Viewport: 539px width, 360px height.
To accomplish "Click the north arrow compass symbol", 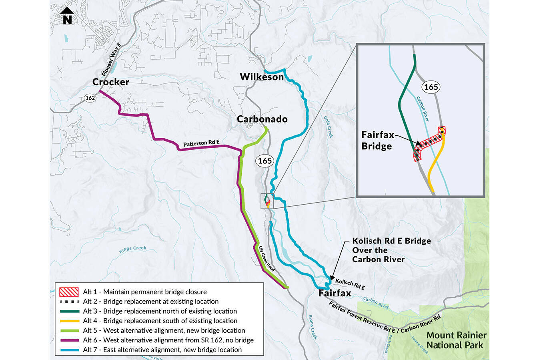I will click(x=67, y=16).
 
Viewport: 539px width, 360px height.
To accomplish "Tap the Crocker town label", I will click(x=110, y=82).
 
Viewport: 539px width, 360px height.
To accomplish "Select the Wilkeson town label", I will click(x=261, y=76).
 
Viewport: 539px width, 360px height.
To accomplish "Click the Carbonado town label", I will click(x=262, y=119).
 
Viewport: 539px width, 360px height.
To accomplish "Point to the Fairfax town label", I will click(x=335, y=293).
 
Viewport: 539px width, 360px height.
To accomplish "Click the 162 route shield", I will click(x=90, y=98).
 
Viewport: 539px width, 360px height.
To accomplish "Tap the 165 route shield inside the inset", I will click(x=431, y=87).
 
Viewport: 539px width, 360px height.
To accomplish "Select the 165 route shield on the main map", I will click(x=264, y=161).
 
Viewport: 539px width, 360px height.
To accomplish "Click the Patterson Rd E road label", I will click(x=201, y=143).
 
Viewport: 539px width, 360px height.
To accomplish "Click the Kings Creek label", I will click(x=133, y=249).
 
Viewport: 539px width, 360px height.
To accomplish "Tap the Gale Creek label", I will click(x=328, y=127).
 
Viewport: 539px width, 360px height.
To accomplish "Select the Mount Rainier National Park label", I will click(x=456, y=340).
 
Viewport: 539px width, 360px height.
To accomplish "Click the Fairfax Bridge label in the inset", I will click(x=377, y=141).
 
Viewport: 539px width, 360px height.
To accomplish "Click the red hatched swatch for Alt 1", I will click(x=68, y=292).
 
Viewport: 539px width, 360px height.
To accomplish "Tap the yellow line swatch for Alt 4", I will click(x=68, y=321).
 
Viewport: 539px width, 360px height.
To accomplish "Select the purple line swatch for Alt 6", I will click(x=68, y=340).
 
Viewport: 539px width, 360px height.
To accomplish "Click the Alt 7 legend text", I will click(x=162, y=350).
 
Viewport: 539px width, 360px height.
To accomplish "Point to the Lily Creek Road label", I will click(x=266, y=259).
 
